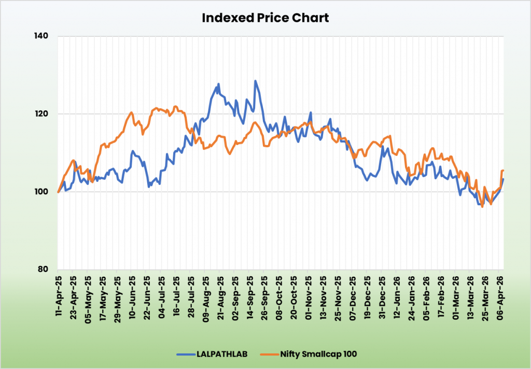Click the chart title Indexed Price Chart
[265, 18]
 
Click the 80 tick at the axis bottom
[44, 269]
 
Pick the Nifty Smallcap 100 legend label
[317, 354]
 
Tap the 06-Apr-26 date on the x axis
[501, 293]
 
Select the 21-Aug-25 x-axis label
[220, 293]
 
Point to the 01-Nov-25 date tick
[309, 293]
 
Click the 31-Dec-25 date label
[383, 293]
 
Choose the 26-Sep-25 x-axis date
[264, 293]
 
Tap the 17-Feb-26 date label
[442, 293]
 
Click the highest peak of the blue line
[255, 81]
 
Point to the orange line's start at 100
[58, 192]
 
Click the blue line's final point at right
[504, 179]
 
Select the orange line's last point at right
[504, 171]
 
